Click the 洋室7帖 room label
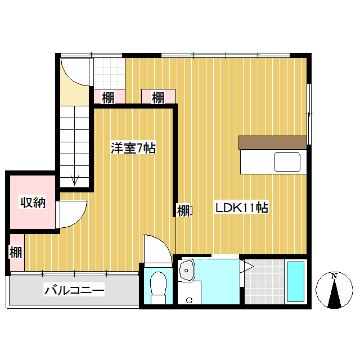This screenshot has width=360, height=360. (133, 148)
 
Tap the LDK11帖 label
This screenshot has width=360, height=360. (242, 208)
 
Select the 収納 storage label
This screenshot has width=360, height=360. (32, 202)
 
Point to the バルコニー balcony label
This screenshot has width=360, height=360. (74, 291)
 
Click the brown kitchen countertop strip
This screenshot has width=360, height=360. (273, 142)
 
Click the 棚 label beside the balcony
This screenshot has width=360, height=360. (16, 253)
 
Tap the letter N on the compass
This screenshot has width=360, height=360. (334, 276)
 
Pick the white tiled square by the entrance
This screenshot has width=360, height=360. (108, 73)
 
